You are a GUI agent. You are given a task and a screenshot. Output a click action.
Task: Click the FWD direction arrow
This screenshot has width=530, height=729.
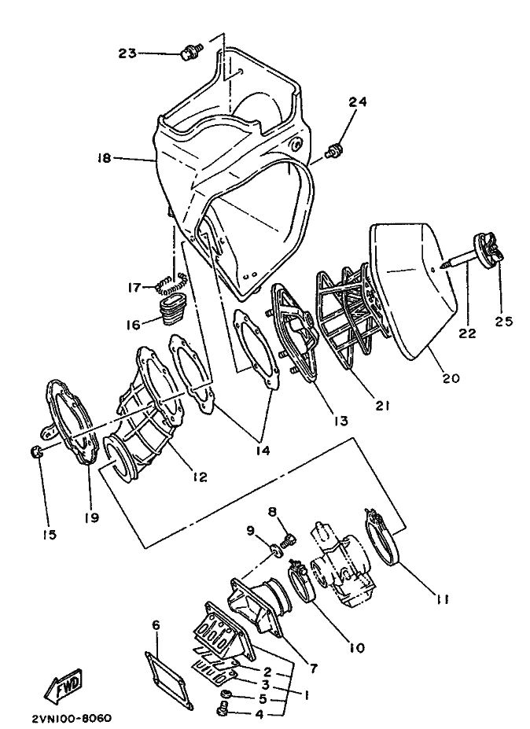[x=63, y=684]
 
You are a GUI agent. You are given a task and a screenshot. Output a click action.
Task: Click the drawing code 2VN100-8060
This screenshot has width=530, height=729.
[x=72, y=718]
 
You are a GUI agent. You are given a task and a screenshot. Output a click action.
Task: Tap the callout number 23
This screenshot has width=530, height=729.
[x=127, y=53]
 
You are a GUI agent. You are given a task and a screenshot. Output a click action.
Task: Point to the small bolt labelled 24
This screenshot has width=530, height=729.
[x=334, y=150]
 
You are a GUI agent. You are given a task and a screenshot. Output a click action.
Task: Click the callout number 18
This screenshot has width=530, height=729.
[x=104, y=159]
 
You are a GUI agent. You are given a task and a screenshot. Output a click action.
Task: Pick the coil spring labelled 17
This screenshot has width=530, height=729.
[x=172, y=284]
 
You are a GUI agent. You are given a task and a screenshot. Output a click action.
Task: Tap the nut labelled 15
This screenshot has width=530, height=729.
[x=36, y=451]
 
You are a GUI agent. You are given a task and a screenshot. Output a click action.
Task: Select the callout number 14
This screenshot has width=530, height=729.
[x=262, y=450]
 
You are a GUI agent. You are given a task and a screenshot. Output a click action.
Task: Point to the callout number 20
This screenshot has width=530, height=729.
[x=450, y=377]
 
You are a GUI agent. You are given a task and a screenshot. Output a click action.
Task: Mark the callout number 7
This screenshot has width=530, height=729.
[x=314, y=668]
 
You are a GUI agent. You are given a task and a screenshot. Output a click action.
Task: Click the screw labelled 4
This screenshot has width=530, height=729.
[x=223, y=710]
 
